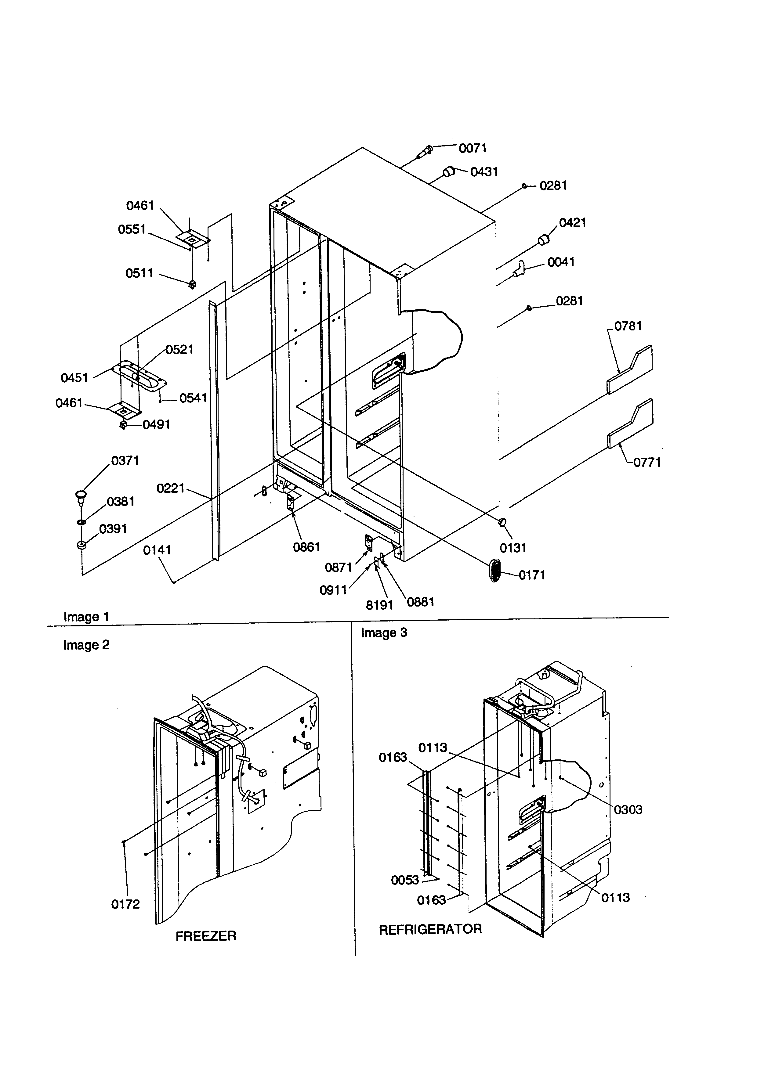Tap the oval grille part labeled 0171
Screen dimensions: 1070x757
[494, 571]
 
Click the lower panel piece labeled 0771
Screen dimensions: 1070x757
[631, 423]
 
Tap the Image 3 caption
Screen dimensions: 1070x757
[384, 633]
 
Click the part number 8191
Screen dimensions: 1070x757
[379, 605]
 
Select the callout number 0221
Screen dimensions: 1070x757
[171, 488]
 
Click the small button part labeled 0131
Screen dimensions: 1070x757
[503, 522]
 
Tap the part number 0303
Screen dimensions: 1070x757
[628, 809]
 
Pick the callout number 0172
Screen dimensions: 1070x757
[125, 904]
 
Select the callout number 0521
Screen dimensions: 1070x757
[179, 350]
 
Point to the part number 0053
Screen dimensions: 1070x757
[405, 880]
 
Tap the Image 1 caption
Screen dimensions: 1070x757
[86, 617]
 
